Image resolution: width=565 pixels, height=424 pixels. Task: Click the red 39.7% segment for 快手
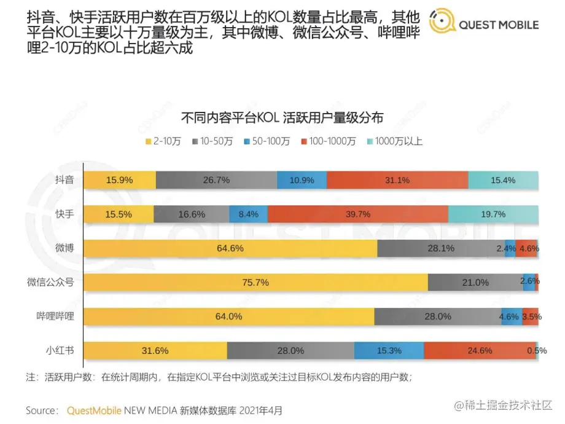[358, 214]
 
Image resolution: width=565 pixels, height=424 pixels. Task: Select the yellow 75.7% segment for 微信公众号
[255, 283]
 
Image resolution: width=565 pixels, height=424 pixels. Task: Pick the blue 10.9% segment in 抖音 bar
[302, 180]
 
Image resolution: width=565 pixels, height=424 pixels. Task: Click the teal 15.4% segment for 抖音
[503, 180]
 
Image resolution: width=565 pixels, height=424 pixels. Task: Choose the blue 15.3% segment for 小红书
[389, 350]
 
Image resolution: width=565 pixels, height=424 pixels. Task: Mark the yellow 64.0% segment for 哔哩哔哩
[228, 316]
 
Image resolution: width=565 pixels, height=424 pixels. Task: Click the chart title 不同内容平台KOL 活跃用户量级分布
[282, 117]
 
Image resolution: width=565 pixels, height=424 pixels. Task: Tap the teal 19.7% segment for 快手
[493, 214]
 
